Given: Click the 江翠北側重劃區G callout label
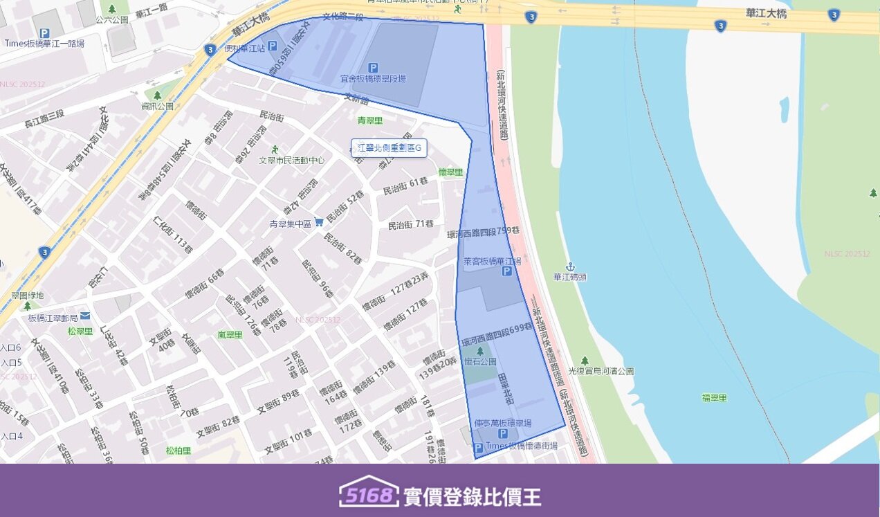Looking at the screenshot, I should tap(389, 147).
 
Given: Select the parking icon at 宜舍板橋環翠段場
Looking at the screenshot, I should tap(373, 68).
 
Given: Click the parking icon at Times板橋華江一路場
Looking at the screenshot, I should tap(44, 33).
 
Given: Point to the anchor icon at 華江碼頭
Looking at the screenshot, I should tap(570, 266).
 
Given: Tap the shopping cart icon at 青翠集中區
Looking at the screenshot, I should tap(319, 222).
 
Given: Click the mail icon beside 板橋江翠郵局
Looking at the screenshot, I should tap(84, 316).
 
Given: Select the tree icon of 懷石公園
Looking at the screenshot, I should tap(479, 351).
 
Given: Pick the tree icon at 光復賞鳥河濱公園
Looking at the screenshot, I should tap(585, 361).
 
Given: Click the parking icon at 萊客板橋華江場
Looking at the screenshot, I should tap(506, 272).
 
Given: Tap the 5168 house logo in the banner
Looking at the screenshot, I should tap(369, 492).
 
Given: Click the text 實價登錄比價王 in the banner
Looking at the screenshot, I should tap(473, 496).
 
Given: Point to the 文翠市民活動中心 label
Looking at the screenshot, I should tap(291, 160).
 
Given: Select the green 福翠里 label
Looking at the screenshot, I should tap(715, 397).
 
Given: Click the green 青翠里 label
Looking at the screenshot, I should tap(370, 120).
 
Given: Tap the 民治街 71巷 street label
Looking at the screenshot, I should tap(411, 224).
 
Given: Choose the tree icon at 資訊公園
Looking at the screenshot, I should tap(157, 96).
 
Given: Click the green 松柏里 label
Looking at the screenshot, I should tap(178, 450).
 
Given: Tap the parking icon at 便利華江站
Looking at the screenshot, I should tap(272, 46).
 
